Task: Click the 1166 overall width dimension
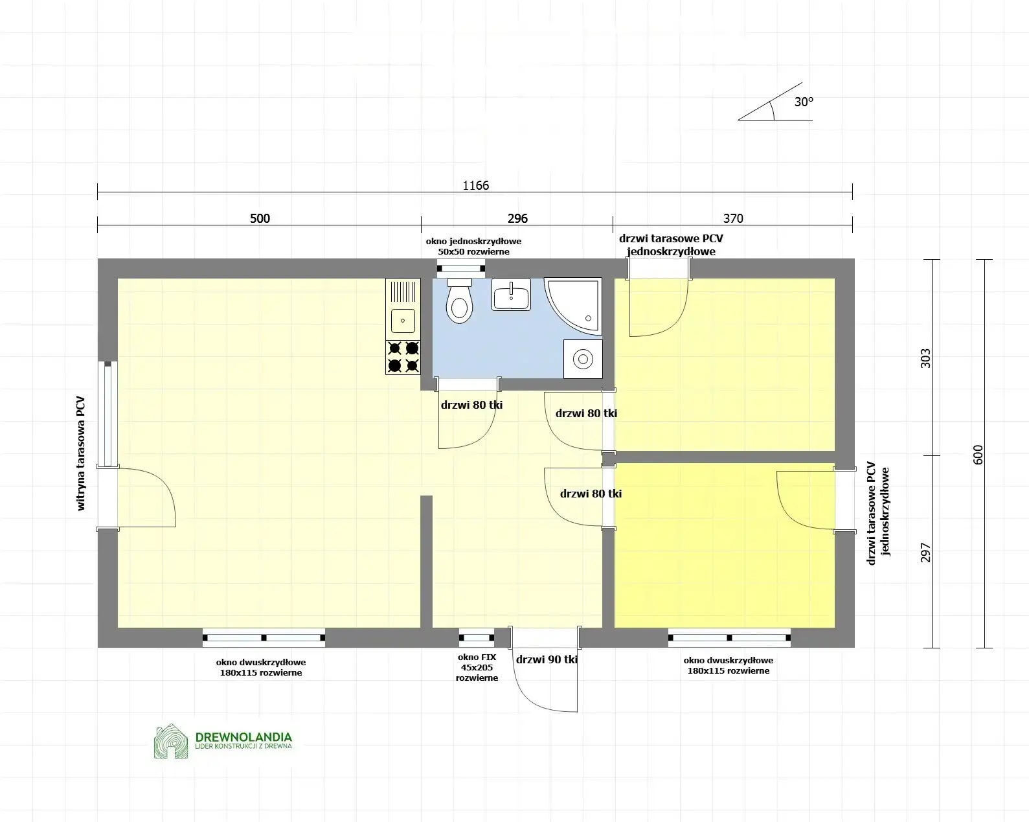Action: (475, 186)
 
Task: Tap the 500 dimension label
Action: (260, 218)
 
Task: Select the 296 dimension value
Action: (517, 218)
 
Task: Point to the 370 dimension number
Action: (733, 218)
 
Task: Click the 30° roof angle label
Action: (804, 102)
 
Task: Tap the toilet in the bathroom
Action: (459, 301)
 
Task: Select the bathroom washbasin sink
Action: (511, 295)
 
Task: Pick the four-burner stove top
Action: (403, 358)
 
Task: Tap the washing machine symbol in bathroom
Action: (583, 359)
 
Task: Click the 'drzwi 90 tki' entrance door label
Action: (547, 659)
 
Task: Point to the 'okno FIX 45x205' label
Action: (477, 667)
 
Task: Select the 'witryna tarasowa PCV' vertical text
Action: (81, 453)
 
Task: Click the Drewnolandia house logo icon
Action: (170, 741)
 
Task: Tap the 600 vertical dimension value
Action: (978, 454)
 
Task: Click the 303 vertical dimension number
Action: (925, 358)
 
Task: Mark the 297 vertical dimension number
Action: (925, 552)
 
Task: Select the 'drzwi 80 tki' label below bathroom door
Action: (471, 405)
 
